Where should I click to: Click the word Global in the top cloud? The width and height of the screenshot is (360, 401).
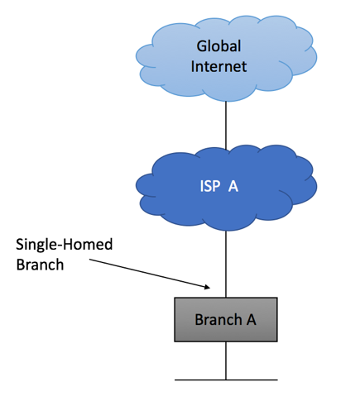[218, 46]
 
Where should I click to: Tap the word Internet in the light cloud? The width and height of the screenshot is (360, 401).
[218, 66]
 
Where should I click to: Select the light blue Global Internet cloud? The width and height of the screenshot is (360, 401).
[226, 58]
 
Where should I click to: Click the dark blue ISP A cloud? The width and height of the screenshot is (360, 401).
[226, 188]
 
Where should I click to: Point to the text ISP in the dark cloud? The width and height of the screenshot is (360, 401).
[210, 186]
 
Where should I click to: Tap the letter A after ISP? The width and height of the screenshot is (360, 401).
[233, 186]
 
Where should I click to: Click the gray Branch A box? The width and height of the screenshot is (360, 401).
[226, 320]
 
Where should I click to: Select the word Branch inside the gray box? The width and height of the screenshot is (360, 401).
[218, 320]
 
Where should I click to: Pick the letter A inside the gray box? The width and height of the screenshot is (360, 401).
[252, 320]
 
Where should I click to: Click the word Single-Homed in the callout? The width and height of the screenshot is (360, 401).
[65, 245]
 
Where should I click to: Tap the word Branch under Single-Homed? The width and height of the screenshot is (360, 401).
[40, 265]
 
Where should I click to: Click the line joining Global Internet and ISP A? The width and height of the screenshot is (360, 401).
[226, 126]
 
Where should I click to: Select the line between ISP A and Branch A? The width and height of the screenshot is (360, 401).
[226, 264]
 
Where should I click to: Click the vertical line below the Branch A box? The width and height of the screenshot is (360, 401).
[226, 360]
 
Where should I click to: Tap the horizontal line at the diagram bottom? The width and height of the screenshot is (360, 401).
[226, 380]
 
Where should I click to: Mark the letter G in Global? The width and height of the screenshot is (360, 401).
[202, 46]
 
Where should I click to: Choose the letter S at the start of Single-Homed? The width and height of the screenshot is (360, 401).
[20, 245]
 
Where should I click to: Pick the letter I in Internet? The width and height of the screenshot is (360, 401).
[193, 66]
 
